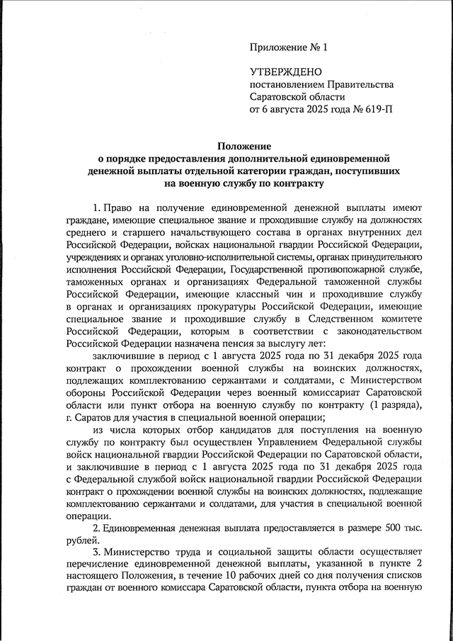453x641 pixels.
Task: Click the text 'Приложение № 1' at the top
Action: pyautogui.click(x=289, y=49)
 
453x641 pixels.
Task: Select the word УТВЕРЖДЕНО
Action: pyautogui.click(x=285, y=72)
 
